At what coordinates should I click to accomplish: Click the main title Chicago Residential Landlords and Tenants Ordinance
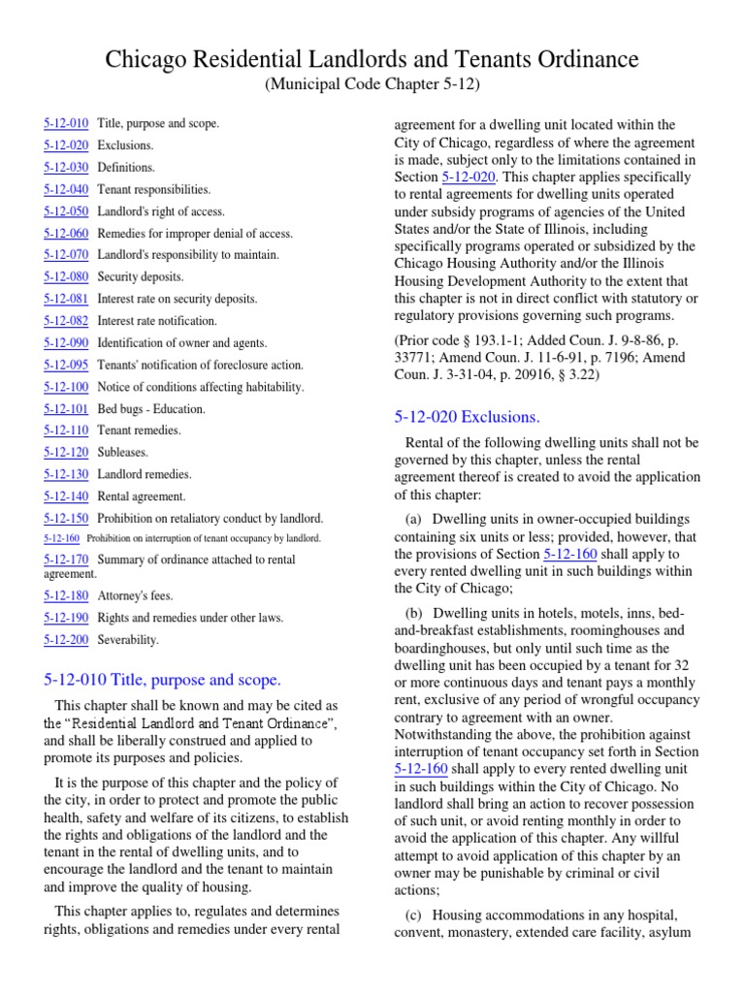pos(372,60)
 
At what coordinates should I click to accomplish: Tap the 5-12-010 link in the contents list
pos(66,123)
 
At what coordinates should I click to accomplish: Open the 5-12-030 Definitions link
pos(66,168)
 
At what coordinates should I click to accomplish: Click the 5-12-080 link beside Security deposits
pos(66,277)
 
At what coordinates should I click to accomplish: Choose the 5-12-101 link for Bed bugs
pos(66,408)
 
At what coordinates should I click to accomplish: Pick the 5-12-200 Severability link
pos(66,640)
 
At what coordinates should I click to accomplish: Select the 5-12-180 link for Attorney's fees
pos(66,595)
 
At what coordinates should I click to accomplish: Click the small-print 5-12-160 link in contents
pos(61,538)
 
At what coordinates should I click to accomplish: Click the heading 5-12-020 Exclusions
pos(467,417)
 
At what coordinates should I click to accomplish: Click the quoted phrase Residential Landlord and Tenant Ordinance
pos(201,724)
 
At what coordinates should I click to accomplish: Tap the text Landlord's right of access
pos(161,211)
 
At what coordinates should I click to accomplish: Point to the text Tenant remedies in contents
pos(139,431)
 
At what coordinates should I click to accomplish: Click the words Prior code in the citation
pos(430,342)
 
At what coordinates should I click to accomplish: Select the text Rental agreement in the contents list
pos(142,496)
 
